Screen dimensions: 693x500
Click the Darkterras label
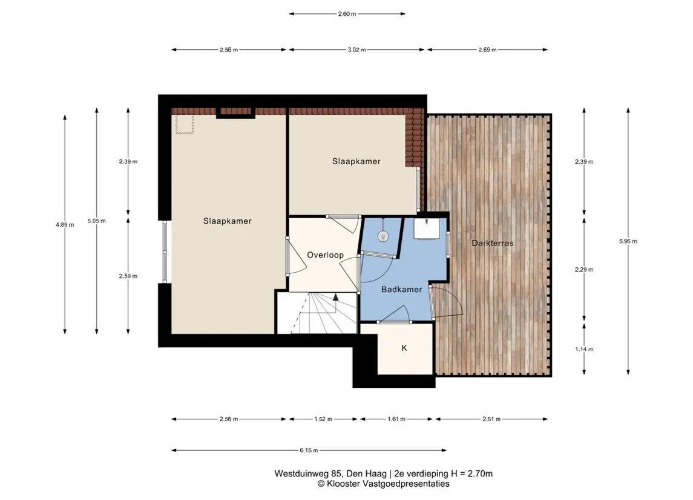coord(492,243)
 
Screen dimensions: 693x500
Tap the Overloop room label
coord(325,255)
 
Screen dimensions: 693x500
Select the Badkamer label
coord(401,289)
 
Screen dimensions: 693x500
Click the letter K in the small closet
coord(404,348)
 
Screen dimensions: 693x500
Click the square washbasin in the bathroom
coord(426,228)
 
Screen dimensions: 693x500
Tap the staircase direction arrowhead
coord(336,297)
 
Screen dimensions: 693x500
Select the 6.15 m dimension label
coord(309,450)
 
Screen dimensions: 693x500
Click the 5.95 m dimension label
coord(628,241)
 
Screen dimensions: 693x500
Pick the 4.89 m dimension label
coord(65,225)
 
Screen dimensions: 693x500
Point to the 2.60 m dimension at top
coord(347,14)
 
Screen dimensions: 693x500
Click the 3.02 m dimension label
coord(356,50)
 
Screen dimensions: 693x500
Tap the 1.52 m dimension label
coord(323,419)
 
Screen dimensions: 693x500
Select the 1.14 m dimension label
coord(584,349)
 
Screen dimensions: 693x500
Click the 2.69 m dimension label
coord(487,50)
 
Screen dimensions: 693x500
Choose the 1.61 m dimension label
coord(396,419)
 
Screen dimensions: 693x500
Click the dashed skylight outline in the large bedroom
coord(185,124)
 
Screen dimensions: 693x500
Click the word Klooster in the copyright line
coord(344,484)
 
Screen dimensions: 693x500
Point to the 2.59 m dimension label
coord(128,276)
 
